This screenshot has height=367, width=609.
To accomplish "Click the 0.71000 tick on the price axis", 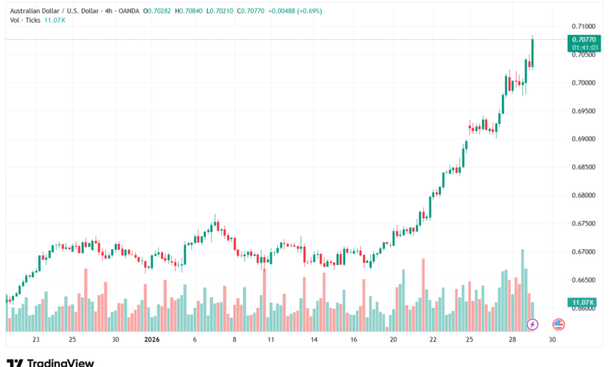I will (x=583, y=27).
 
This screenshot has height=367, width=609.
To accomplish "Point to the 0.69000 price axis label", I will (x=583, y=139).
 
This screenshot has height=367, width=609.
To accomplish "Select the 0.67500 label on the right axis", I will (x=583, y=223).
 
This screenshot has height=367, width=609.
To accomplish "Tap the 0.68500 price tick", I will (x=583, y=167).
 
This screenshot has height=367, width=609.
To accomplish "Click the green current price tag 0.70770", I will (x=583, y=39).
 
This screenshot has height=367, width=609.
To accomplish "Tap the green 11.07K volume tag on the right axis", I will (x=583, y=302).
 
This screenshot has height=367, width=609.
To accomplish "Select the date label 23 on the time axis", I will (x=36, y=340).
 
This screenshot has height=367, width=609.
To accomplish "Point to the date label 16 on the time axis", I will (x=354, y=340).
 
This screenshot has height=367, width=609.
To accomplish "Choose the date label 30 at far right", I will (x=552, y=340).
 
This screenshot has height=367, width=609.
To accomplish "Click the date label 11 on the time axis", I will (x=270, y=340).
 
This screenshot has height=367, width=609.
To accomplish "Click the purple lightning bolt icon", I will (x=532, y=323).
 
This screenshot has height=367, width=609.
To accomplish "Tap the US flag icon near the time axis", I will (x=558, y=323).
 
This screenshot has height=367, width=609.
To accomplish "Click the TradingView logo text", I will (x=60, y=362).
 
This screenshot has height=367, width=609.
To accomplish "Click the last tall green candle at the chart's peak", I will (x=532, y=52).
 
